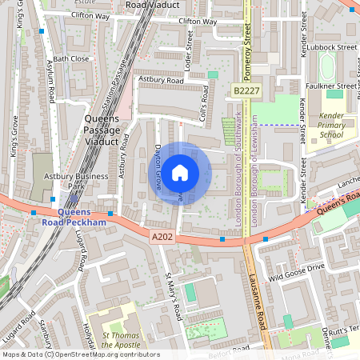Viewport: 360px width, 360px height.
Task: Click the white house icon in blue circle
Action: click(x=180, y=172)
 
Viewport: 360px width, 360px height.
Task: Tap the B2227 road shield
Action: click(x=246, y=93)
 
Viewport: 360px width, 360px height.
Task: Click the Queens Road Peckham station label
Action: click(x=72, y=216)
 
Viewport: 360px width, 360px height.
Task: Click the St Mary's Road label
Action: click(x=173, y=296)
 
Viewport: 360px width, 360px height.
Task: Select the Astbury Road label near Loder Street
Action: click(x=162, y=81)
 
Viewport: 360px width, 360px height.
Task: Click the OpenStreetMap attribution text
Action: click(x=80, y=354)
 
